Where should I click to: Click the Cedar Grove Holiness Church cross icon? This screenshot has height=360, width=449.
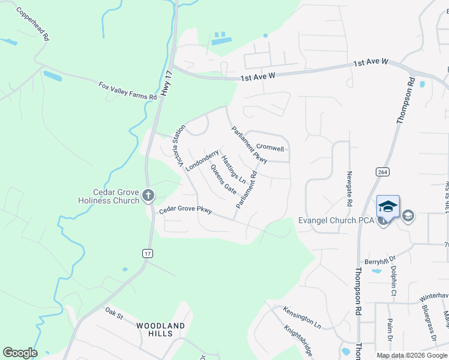pos(148,195)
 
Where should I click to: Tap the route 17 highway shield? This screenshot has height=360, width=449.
pos(147,254)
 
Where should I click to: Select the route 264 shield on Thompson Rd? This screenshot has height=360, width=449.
pos(382,172)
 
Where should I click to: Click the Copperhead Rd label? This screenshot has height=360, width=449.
pos(33,24)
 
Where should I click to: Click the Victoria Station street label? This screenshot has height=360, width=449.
pos(179,145)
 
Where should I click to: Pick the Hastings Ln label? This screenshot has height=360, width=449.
pos(234,169)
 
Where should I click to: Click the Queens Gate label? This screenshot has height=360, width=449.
pos(223,179)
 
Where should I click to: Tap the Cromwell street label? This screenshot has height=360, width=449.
pos(270,147)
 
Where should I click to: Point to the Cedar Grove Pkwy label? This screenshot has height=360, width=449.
pos(185,211)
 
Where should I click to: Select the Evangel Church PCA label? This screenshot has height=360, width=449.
pos(336,221)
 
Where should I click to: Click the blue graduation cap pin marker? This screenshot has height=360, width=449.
pos(388,208)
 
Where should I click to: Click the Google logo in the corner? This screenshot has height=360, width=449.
pos(20,353)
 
